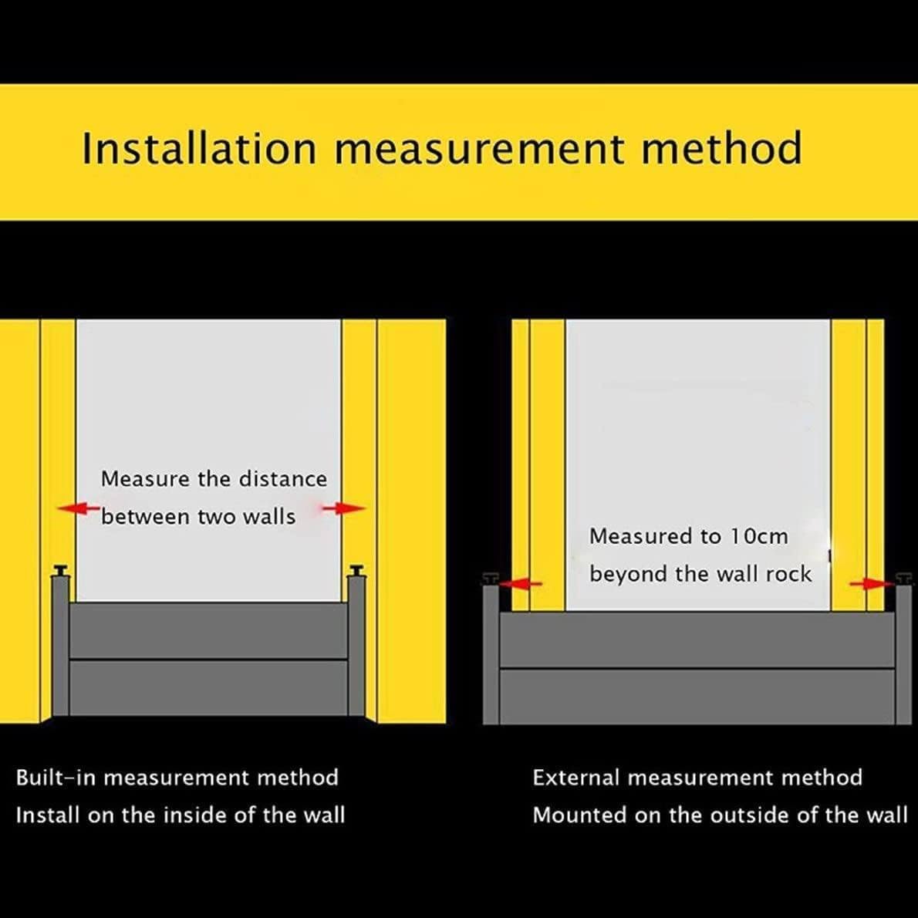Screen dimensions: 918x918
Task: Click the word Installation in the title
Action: (199, 148)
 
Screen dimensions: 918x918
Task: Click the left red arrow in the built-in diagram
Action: (79, 508)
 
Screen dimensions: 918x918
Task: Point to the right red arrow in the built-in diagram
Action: (344, 508)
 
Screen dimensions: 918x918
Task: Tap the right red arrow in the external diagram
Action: (870, 585)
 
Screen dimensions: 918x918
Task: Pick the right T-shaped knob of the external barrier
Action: (903, 578)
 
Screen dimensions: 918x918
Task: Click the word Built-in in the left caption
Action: (56, 778)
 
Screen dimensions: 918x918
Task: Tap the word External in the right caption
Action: (575, 778)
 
